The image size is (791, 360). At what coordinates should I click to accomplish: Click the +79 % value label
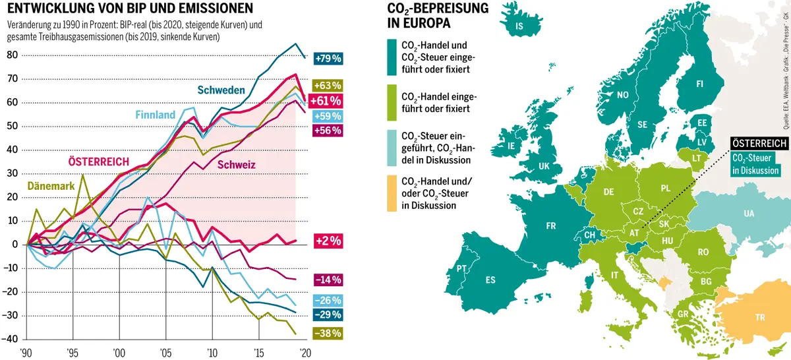328,59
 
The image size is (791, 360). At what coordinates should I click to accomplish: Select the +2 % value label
328,241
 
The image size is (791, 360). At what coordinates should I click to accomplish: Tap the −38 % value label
328,333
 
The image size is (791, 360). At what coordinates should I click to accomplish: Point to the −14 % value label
328,280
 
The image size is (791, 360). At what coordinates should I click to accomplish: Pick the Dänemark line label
50,187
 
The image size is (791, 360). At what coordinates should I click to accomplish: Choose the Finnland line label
156,115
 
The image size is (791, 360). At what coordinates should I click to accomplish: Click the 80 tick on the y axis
11,55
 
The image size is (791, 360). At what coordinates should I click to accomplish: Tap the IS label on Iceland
519,26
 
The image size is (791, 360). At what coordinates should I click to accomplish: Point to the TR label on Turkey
760,317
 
